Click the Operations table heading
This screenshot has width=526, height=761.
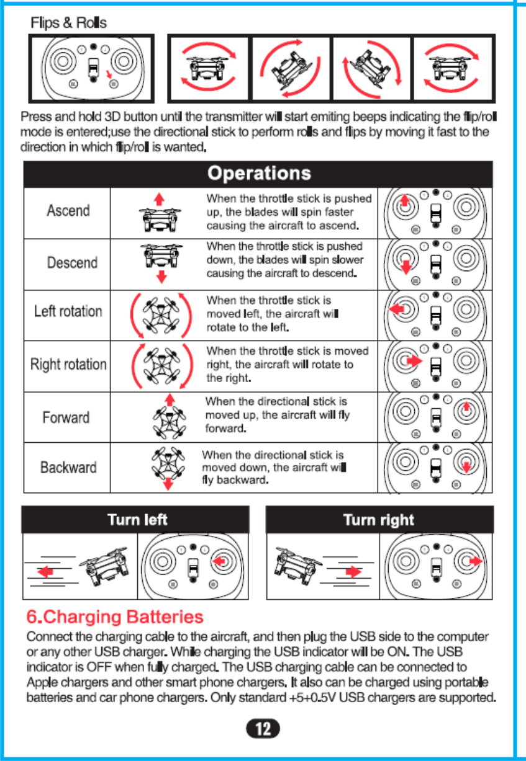[258, 173]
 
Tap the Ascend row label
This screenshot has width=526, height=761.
[68, 211]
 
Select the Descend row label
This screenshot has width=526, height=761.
[72, 262]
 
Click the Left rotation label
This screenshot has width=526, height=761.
[68, 311]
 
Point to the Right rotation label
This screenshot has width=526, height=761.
[68, 364]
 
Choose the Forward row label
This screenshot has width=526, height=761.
[66, 417]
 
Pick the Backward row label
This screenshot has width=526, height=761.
[68, 467]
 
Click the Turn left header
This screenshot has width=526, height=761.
[137, 519]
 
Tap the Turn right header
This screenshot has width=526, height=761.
[378, 520]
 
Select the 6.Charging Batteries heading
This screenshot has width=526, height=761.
[115, 617]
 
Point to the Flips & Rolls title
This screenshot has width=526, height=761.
[69, 24]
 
